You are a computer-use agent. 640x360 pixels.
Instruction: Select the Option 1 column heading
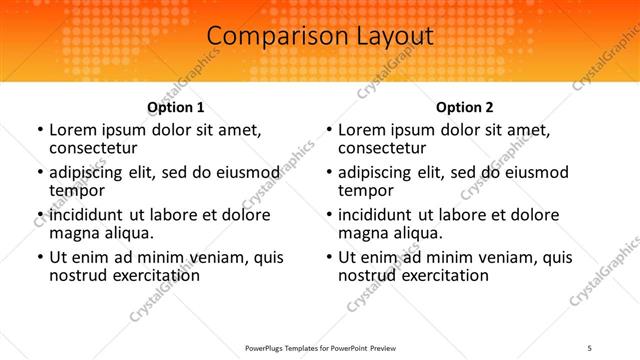176,107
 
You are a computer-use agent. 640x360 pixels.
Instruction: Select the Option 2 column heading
465,107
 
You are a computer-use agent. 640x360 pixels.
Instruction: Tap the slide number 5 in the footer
589,349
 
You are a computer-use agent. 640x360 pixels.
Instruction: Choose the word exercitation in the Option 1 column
153,274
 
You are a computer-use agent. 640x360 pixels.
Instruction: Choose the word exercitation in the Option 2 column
442,274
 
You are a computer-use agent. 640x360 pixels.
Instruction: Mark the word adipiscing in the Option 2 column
379,172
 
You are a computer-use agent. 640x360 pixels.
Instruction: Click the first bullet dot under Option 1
40,130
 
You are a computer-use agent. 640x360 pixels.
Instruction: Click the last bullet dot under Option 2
329,257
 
